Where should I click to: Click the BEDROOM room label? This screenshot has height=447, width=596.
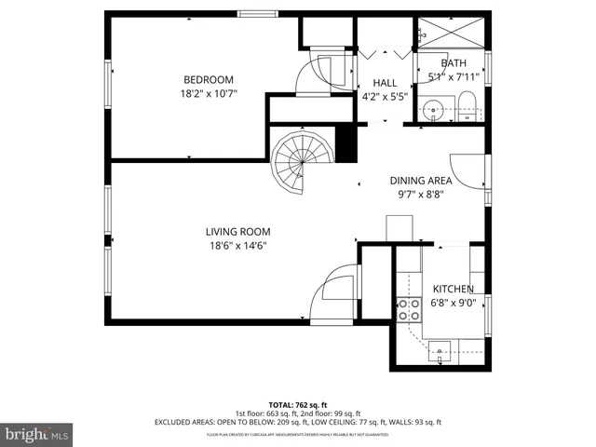pos(209,80)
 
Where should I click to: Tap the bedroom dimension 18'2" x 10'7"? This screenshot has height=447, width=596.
pos(209,94)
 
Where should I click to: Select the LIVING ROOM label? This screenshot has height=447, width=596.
pos(237,232)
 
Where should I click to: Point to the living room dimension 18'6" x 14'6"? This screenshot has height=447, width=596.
pos(237,246)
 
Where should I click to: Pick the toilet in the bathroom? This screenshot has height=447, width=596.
pos(468,107)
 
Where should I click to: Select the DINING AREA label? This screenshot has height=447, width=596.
pos(421,181)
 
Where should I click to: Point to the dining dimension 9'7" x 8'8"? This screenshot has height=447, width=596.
pos(421,195)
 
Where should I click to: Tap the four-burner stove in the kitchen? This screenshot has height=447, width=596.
pos(407,309)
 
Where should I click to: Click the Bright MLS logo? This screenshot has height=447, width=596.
pos(37,434)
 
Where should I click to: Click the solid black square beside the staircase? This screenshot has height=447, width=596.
pos(345,144)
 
